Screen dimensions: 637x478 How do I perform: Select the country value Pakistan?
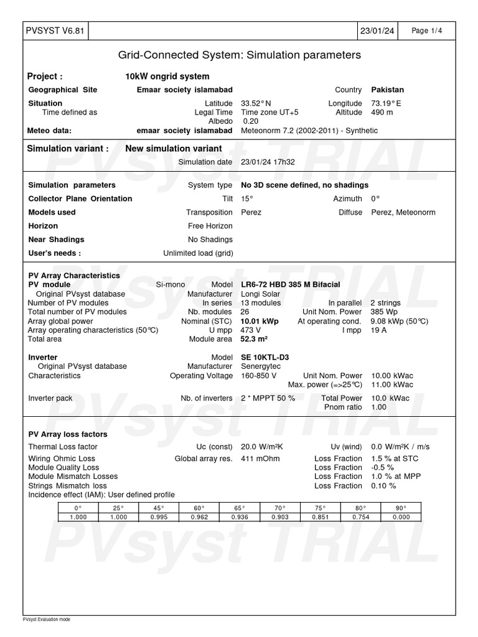[x=387, y=90]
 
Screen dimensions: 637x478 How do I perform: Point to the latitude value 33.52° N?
[x=256, y=103]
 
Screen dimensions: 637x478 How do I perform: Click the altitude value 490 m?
[x=382, y=113]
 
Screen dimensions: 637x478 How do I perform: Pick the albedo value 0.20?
[x=250, y=121]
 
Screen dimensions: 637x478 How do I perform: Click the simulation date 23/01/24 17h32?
[x=268, y=162]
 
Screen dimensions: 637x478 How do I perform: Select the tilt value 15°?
[x=247, y=199]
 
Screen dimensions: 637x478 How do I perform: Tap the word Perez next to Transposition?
[x=251, y=213]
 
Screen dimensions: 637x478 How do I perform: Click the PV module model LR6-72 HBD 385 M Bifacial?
[x=290, y=285]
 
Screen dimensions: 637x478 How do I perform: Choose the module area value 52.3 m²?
[x=254, y=340]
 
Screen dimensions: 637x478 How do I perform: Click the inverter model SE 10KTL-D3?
[x=265, y=358]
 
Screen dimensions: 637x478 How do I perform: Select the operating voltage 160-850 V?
[x=258, y=376]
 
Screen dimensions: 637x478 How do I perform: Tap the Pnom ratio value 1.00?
[x=378, y=407]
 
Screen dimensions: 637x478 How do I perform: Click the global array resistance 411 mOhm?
[x=260, y=459]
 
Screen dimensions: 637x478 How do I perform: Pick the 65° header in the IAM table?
[x=239, y=508]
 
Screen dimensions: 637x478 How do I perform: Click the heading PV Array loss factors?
[x=68, y=434]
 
